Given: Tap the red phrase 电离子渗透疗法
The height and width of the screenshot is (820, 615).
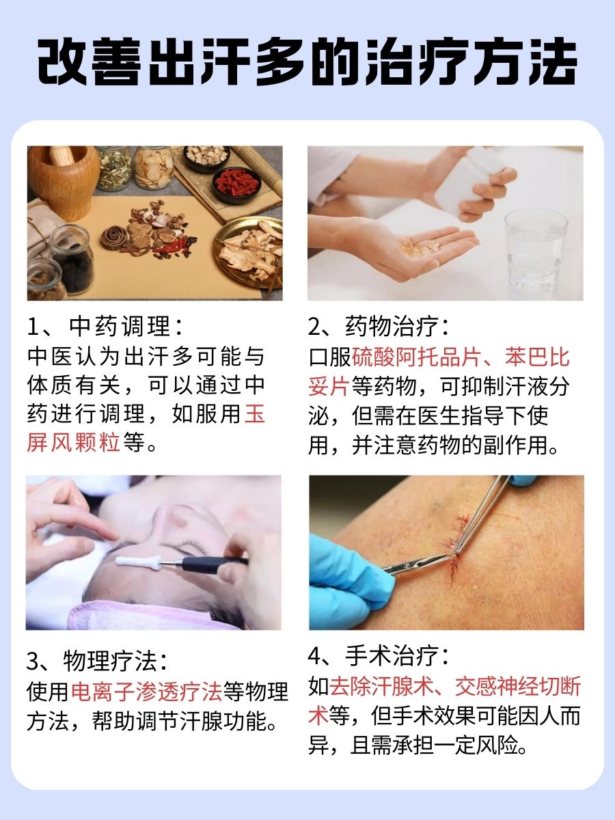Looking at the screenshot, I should pyautogui.click(x=147, y=692).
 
